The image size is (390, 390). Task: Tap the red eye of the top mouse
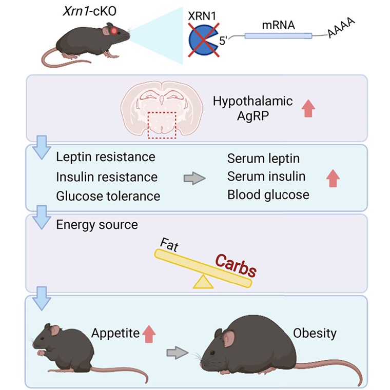click(113, 32)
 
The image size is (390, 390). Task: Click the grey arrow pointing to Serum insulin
click(194, 178)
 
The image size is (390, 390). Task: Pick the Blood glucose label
click(268, 195)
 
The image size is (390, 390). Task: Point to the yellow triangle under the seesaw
click(202, 281)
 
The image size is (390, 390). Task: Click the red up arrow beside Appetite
click(149, 334)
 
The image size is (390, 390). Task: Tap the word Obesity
click(315, 334)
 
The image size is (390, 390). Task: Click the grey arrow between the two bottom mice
click(177, 352)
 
